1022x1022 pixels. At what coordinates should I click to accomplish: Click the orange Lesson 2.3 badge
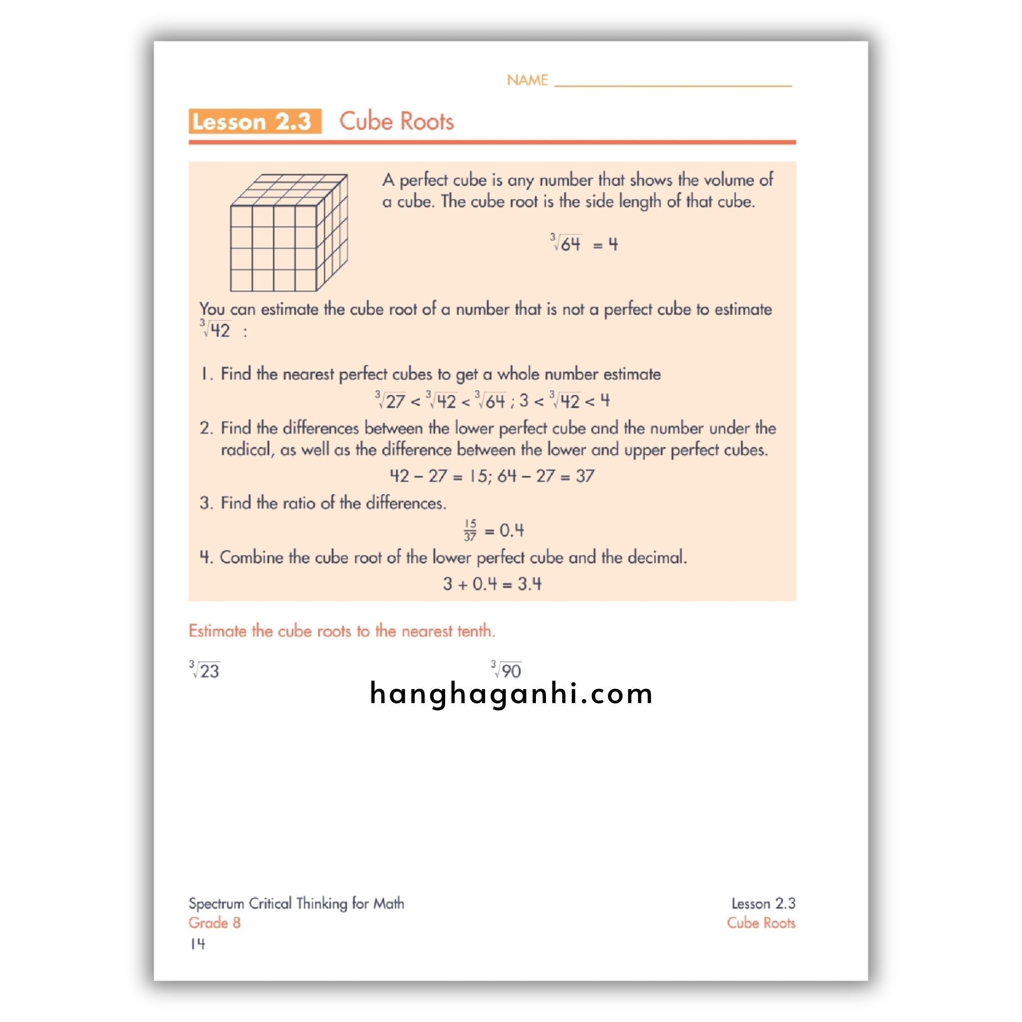coord(255,121)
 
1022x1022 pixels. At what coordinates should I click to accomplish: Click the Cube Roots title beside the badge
coord(396,121)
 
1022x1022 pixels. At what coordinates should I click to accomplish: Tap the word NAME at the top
coord(527,80)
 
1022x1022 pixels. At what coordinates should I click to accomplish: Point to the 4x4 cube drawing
coord(288,232)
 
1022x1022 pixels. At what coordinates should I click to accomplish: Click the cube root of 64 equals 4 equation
coord(583,244)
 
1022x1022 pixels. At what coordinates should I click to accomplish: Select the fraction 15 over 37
coord(470,530)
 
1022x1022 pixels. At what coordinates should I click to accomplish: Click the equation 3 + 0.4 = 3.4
coord(492,584)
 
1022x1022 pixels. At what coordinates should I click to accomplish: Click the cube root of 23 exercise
coord(205,670)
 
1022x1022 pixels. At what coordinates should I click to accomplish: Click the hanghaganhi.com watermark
coord(511,694)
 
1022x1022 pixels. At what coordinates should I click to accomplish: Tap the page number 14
coord(197,944)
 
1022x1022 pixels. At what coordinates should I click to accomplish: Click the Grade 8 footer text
coord(214,923)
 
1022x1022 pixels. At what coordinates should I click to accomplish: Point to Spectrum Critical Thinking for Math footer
coord(296,903)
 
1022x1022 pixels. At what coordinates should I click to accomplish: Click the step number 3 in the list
coord(205,503)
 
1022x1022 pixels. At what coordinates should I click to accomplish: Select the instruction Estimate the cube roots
coord(342,631)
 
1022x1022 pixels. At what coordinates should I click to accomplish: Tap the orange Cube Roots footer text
coord(761,923)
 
